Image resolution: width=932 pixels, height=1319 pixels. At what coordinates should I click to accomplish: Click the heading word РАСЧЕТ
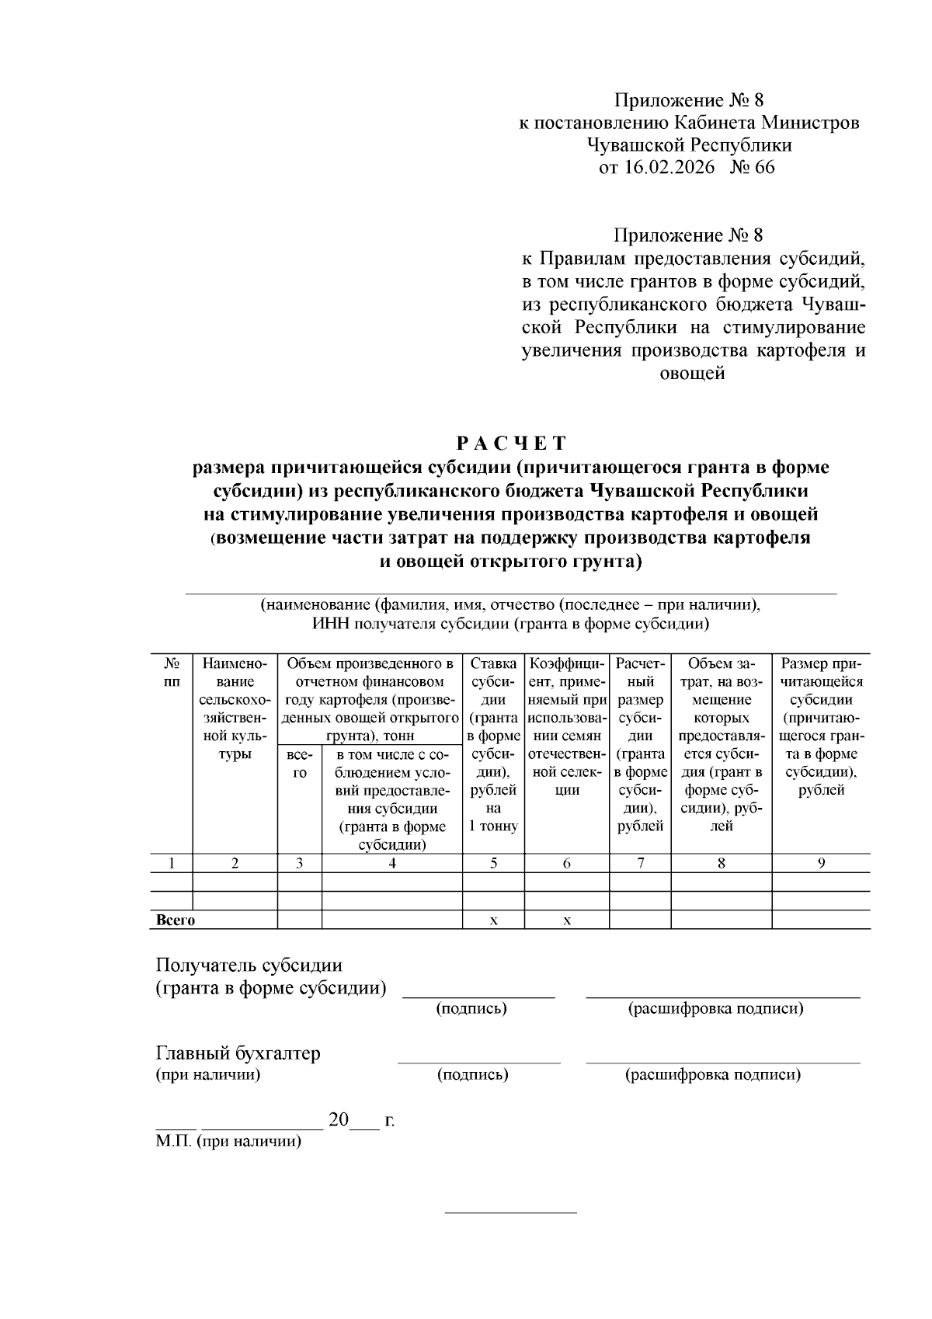pos(511,444)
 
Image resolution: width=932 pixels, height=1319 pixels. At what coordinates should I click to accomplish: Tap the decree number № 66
pos(751,167)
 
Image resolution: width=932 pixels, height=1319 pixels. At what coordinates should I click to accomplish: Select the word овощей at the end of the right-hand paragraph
pos(691,374)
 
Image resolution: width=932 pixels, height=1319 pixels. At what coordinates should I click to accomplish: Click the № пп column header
pos(172,673)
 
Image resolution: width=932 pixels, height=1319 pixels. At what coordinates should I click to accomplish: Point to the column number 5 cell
pos(494,863)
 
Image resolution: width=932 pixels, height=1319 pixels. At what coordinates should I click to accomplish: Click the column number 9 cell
pos(821,863)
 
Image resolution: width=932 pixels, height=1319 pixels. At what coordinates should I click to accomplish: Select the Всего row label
pos(176,921)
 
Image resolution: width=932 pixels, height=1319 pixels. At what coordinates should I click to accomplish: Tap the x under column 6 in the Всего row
pos(567,921)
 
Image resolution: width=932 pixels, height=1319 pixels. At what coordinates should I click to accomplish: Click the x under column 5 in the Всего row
pos(494,921)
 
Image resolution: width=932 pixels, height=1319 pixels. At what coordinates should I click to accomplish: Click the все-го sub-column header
pos(300,764)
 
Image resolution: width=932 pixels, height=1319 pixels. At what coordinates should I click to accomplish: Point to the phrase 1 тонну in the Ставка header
pos(494,826)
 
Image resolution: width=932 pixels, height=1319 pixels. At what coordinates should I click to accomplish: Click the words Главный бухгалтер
pos(238,1053)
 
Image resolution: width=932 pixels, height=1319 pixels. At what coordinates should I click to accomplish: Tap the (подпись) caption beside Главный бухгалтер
pos(472,1075)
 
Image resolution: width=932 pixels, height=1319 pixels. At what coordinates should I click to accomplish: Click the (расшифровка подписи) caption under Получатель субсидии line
pos(715,1008)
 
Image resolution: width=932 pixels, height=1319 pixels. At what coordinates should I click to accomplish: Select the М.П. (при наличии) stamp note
pos(228,1142)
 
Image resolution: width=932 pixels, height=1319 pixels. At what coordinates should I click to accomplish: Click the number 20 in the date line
pos(339,1120)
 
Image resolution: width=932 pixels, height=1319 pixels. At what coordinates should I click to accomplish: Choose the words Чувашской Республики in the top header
pos(689,144)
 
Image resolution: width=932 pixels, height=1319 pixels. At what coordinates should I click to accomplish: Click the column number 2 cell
pos(235,863)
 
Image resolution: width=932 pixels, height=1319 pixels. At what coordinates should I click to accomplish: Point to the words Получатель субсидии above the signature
pos(249,966)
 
